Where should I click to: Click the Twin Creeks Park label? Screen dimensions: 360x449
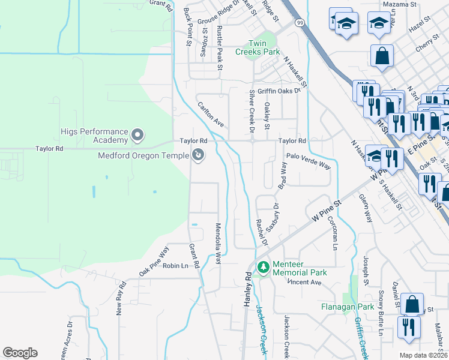click(265, 47)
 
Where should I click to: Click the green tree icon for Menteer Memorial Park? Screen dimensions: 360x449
click(262, 268)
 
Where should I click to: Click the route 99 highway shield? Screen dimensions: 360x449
click(298, 22)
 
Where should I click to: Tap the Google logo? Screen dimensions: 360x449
click(20, 353)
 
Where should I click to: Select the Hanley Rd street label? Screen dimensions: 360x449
click(247, 290)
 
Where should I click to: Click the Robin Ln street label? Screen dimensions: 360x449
click(175, 265)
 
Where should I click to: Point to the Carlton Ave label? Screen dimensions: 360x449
click(211, 114)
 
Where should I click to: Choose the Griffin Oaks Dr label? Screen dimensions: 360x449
click(278, 91)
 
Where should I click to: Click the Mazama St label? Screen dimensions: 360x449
click(400, 4)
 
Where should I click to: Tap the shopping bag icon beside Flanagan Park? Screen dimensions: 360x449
click(412, 304)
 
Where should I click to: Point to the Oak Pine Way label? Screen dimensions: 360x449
click(154, 261)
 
